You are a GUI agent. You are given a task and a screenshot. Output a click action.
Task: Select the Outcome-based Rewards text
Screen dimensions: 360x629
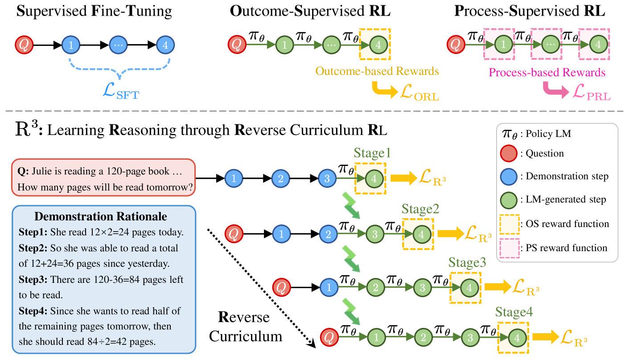coord(377,71)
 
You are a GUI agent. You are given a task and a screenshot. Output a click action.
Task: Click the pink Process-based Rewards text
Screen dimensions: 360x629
coord(547,72)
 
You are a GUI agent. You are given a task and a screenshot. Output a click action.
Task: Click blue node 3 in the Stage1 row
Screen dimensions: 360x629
coord(327,179)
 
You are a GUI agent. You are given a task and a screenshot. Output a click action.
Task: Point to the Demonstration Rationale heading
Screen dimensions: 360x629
coord(101,217)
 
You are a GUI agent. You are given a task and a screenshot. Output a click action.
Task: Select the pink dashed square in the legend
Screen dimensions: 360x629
coord(508,248)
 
